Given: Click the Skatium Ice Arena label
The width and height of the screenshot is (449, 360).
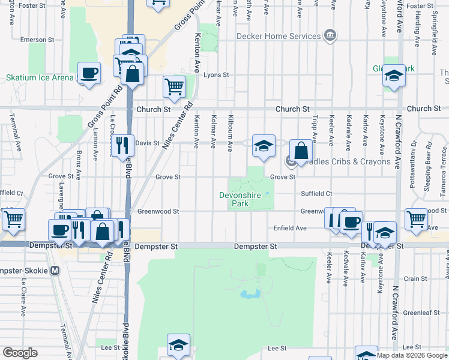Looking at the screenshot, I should pos(40,77).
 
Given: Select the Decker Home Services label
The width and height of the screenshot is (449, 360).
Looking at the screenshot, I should pos(279,36).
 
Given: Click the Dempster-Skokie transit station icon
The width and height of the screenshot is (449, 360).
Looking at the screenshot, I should pos(55,270).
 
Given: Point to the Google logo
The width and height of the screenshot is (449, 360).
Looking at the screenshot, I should pos(20,353).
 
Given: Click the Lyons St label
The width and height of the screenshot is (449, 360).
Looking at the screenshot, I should pos(216,75).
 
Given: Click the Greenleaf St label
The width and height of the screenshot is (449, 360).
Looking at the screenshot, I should pos(418,313).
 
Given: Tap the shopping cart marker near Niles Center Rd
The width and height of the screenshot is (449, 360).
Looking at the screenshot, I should pos(174,86).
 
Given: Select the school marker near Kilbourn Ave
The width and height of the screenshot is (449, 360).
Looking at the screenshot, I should pos(263,146).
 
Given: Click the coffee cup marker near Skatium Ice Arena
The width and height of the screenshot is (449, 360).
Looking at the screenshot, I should pos(89,73).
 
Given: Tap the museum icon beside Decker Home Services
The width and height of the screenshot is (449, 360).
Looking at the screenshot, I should pos(329,36).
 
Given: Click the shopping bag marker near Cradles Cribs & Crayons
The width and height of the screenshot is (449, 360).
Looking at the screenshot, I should pos(301,150).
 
